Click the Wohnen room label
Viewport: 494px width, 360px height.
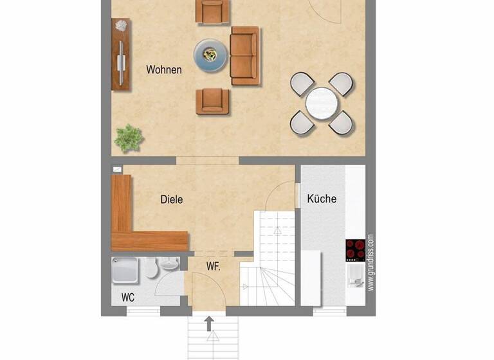tap(163, 70)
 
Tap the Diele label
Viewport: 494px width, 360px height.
tap(171, 199)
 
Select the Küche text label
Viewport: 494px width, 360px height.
tap(322, 199)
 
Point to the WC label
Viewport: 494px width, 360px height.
tap(129, 298)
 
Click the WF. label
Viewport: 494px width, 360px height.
tap(214, 265)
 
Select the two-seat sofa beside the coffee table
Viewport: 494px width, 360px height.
tap(244, 55)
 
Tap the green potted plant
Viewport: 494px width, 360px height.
tap(129, 138)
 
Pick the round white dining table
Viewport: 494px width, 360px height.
tap(322, 104)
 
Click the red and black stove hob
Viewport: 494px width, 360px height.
tap(355, 249)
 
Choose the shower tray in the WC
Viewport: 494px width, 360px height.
tap(125, 270)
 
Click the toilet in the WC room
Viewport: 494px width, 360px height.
tap(151, 268)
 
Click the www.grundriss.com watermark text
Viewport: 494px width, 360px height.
tap(370, 263)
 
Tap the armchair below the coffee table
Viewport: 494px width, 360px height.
tap(212, 101)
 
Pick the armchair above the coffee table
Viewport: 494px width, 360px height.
tap(212, 11)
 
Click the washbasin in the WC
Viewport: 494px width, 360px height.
tap(169, 264)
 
